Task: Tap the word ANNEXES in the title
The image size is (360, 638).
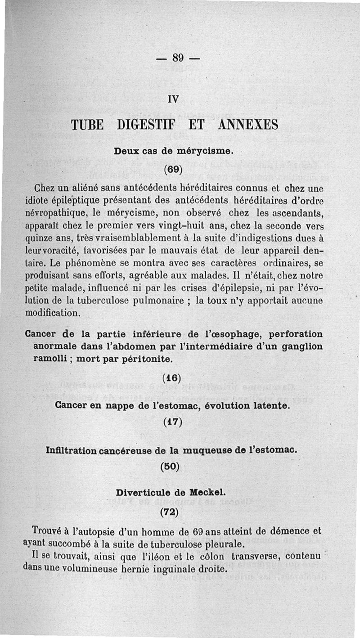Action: click(248, 124)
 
